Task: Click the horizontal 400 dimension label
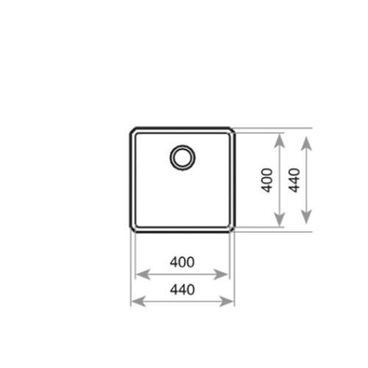tap(183, 262)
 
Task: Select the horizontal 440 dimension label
tap(183, 289)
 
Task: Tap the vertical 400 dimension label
tap(266, 180)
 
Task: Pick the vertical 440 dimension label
tap(294, 180)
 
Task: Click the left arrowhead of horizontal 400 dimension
tap(143, 275)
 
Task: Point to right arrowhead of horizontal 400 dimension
tap(221, 275)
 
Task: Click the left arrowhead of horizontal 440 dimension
tap(138, 301)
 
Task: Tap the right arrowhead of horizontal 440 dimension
tap(227, 301)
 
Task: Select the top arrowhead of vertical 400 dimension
tap(279, 141)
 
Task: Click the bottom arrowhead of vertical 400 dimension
tap(279, 219)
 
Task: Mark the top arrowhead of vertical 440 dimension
tap(306, 144)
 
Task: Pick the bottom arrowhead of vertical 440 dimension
tap(306, 217)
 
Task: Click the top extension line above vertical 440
tap(272, 128)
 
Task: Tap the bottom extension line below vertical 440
tap(273, 231)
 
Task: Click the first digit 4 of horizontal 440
tap(174, 289)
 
